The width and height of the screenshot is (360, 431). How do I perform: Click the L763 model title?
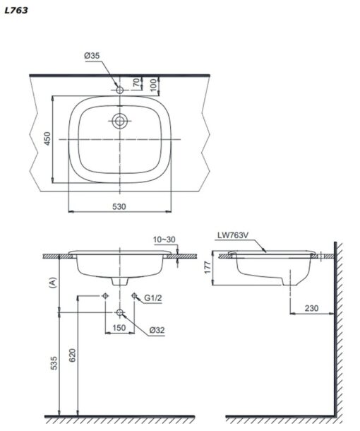(x=16, y=11)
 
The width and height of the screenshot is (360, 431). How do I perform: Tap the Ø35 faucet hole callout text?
(x=92, y=56)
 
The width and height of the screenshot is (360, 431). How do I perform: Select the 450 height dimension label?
(x=47, y=138)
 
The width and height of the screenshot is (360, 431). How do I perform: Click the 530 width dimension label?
(x=119, y=206)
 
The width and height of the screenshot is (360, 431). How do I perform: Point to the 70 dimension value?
(x=136, y=83)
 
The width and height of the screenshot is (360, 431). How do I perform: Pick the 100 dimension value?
(x=154, y=85)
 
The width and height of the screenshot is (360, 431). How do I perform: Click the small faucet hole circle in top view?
(x=119, y=90)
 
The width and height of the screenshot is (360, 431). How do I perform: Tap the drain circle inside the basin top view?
(x=119, y=121)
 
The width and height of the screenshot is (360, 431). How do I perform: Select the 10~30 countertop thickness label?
(x=164, y=240)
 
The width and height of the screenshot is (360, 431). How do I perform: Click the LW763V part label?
(x=233, y=235)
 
